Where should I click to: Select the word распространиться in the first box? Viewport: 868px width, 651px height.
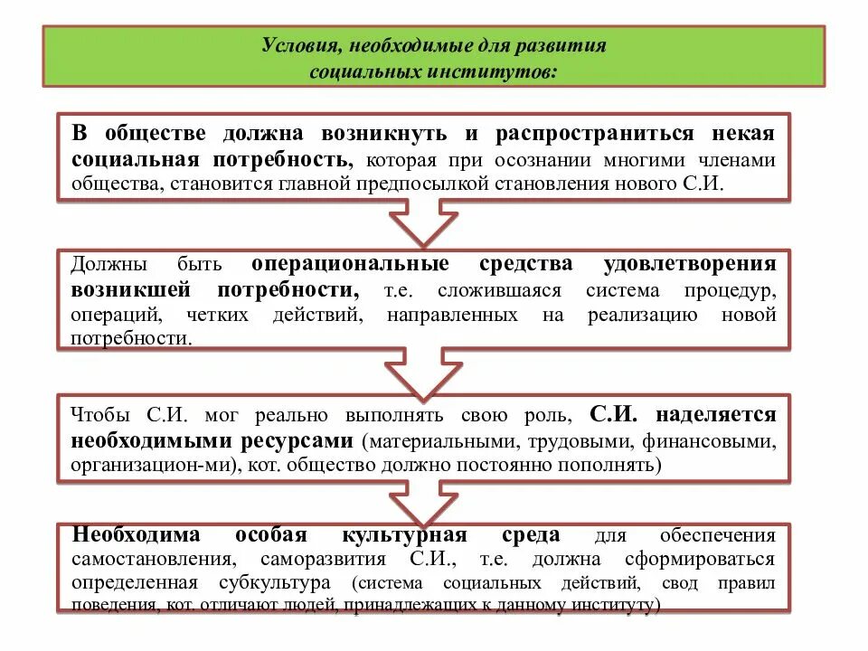(x=594, y=134)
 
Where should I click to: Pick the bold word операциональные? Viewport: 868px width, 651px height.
(x=350, y=264)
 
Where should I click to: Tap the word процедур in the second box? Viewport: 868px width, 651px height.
(x=735, y=290)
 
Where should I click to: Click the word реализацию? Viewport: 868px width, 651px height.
(x=642, y=315)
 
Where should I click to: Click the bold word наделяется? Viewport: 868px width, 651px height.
(x=717, y=415)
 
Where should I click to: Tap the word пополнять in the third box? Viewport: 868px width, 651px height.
(x=617, y=466)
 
